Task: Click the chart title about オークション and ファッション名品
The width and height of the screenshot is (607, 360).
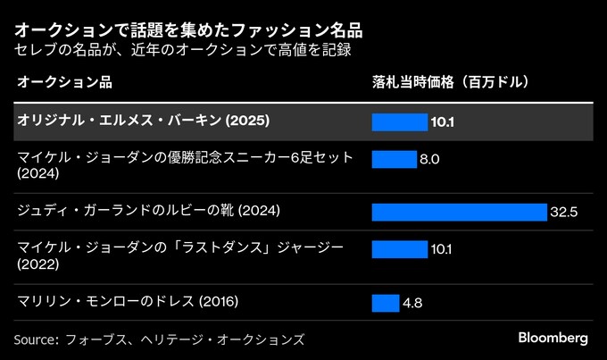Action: [x=188, y=29]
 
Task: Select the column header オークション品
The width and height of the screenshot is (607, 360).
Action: [x=63, y=82]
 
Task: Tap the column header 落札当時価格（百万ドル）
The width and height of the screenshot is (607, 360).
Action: [x=451, y=82]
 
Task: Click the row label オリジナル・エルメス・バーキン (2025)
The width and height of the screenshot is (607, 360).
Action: [x=143, y=121]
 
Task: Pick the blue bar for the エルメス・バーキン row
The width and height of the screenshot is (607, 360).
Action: [x=400, y=121]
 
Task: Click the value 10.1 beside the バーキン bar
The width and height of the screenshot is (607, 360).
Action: [x=442, y=121]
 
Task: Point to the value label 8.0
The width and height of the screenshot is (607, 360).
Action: [x=429, y=160]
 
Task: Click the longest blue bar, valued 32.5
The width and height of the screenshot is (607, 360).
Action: [x=459, y=212]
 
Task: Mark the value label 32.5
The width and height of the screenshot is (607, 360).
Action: [x=565, y=212]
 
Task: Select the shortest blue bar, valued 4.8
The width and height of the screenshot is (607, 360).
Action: [x=386, y=303]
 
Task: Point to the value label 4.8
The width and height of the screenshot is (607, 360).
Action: [x=412, y=303]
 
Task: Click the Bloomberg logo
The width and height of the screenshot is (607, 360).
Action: [x=553, y=339]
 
